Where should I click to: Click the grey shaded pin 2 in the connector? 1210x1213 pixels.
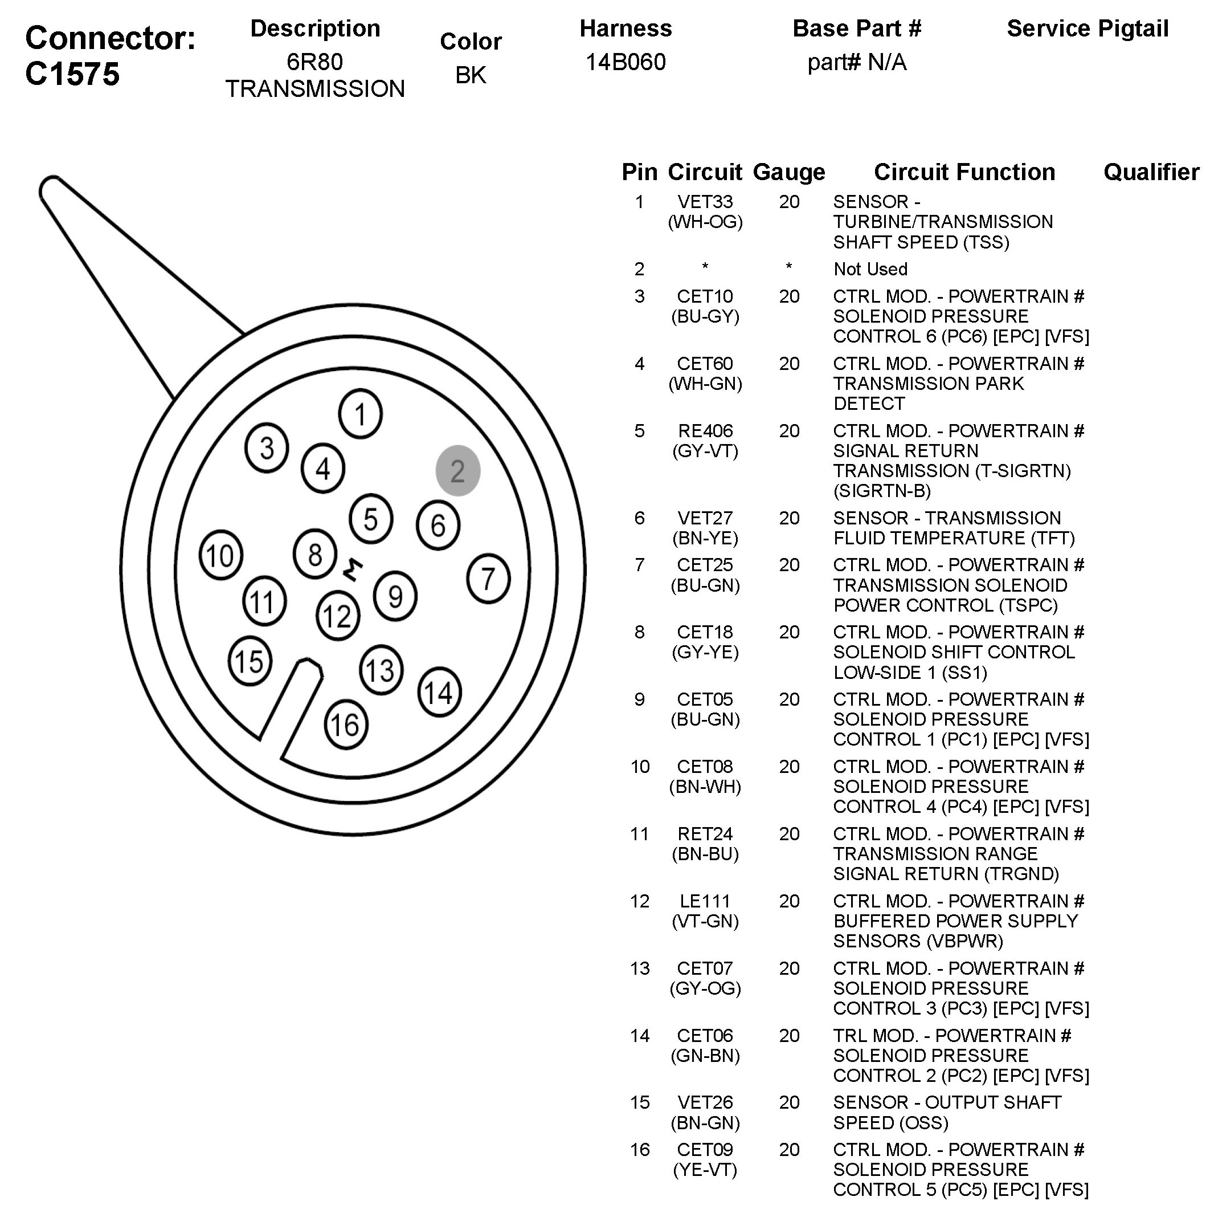(457, 471)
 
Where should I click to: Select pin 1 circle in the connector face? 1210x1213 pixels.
(359, 414)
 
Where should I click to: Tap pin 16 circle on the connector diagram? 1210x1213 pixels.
(345, 724)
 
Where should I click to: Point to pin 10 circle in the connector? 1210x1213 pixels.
(220, 556)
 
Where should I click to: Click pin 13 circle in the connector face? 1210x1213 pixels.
(381, 670)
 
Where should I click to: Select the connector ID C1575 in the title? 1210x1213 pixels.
(72, 74)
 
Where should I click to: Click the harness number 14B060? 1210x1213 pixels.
(625, 62)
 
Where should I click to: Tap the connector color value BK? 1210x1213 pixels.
(470, 75)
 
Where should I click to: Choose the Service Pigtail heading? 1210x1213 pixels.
(1087, 29)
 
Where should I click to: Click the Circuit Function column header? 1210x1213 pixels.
(964, 172)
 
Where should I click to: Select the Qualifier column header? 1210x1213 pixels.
(1151, 172)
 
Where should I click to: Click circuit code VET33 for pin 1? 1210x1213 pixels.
(705, 202)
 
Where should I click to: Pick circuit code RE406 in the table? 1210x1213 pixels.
(705, 431)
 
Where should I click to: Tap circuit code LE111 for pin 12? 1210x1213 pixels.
(705, 901)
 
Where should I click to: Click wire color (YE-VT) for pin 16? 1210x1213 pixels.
(705, 1170)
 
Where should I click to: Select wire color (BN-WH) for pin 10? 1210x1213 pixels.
(705, 787)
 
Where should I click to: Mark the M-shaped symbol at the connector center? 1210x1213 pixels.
(353, 568)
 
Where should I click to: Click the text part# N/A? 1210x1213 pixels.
(857, 62)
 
